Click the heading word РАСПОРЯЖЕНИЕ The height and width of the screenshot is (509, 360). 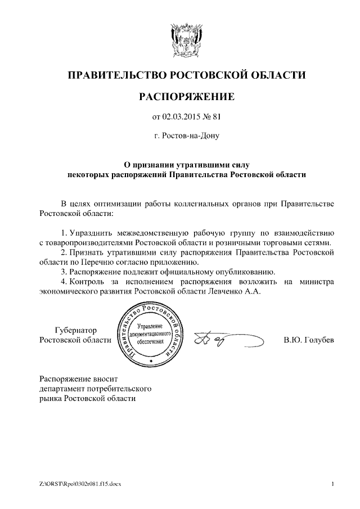coord(186,97)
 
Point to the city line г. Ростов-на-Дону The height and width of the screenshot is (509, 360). coord(186,136)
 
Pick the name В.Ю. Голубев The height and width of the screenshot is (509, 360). coord(309,340)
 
